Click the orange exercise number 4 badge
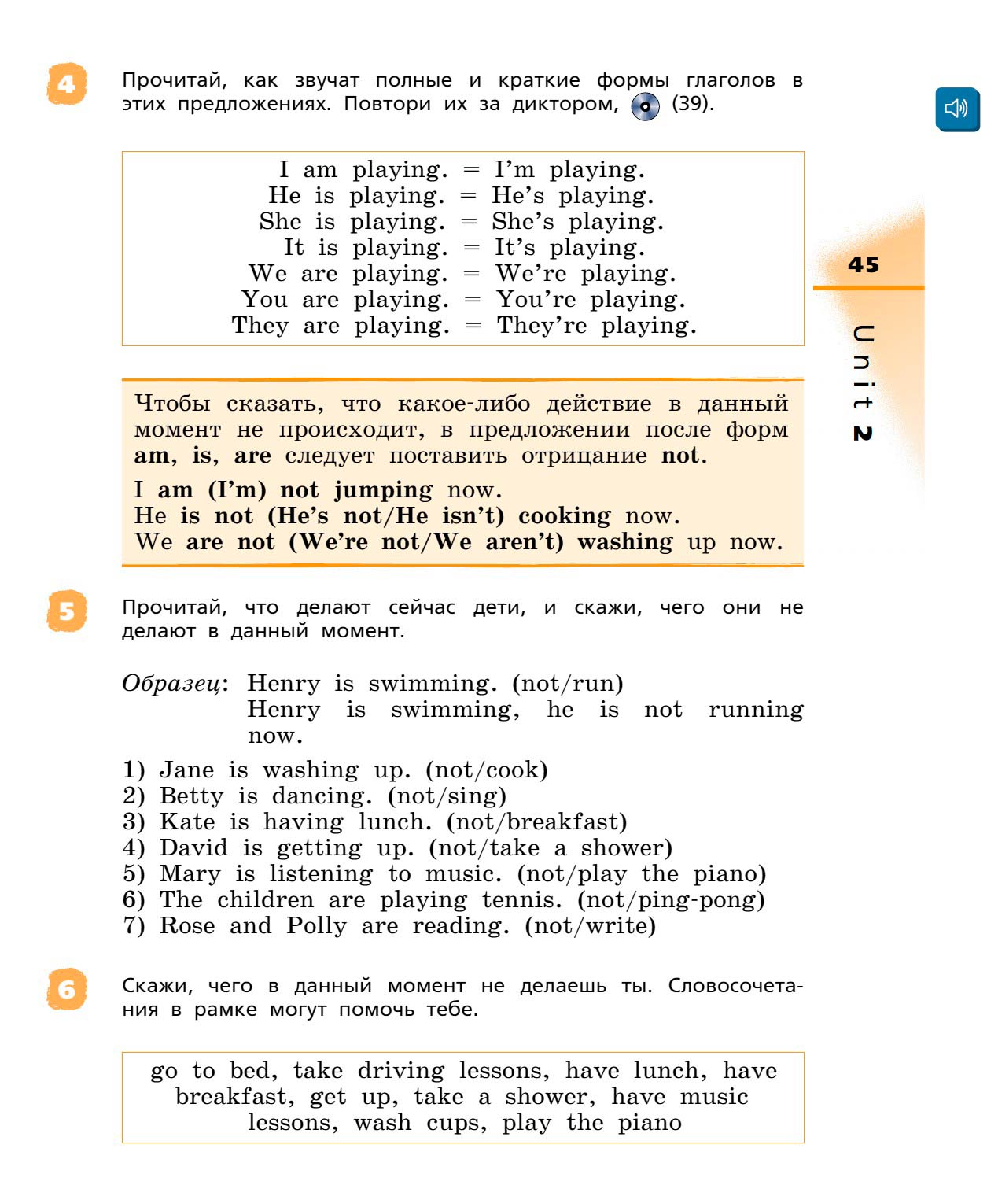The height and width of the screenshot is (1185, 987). click(67, 84)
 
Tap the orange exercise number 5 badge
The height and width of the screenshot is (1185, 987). click(67, 611)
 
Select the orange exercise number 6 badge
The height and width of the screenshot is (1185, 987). click(67, 989)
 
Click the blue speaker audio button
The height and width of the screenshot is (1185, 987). click(956, 109)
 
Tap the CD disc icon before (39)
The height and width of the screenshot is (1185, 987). click(646, 107)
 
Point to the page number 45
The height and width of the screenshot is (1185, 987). click(864, 265)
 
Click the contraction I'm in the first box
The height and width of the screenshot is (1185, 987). click(514, 170)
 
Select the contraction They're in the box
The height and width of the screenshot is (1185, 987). click(542, 326)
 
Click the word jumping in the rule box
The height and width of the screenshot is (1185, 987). click(383, 490)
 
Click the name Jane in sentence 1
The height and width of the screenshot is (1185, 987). click(186, 770)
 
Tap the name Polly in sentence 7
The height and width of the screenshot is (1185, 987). click(316, 926)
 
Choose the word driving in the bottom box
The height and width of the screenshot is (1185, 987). click(400, 1072)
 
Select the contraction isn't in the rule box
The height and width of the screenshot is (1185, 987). click(471, 516)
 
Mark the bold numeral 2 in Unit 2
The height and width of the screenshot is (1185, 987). click(863, 434)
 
